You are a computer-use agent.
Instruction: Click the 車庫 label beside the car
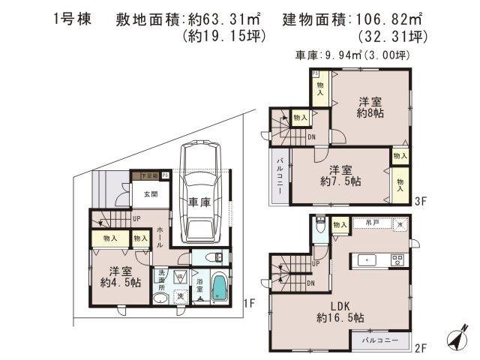pyautogui.click(x=199, y=202)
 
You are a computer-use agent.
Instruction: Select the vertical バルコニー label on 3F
pyautogui.click(x=279, y=178)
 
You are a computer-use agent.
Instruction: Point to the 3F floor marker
pyautogui.click(x=422, y=201)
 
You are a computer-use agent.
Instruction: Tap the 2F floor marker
pyautogui.click(x=422, y=348)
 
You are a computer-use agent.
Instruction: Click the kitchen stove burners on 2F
pyautogui.click(x=397, y=259)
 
